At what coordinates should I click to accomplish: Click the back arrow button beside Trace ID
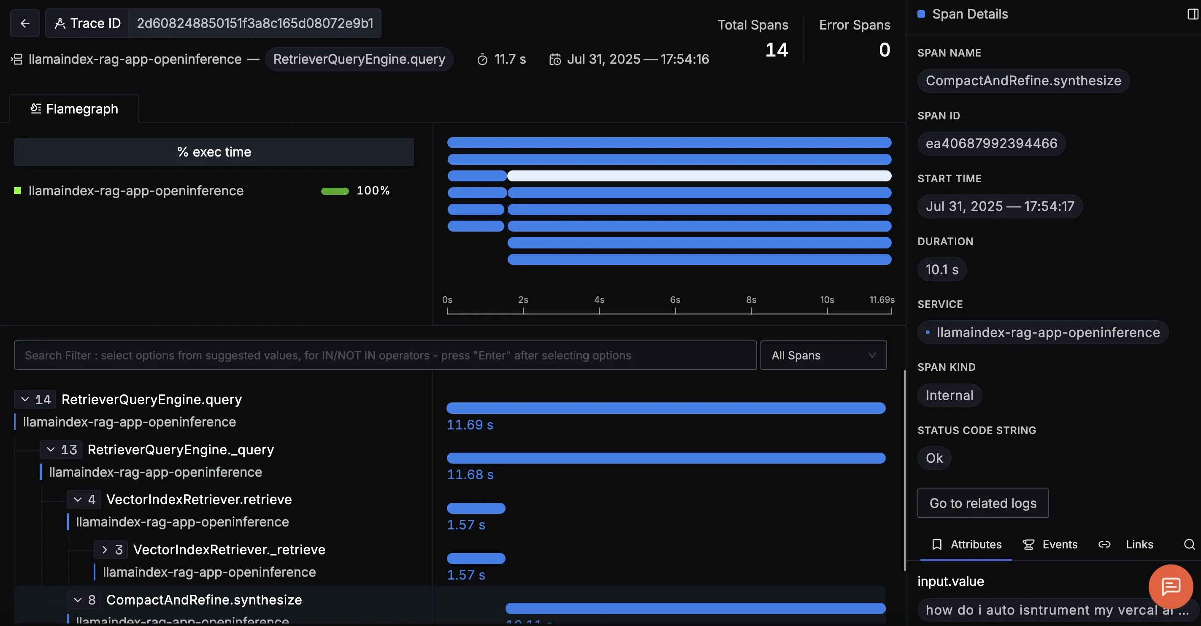(25, 23)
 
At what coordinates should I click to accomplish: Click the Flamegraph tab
(74, 109)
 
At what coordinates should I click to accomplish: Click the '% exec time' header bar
(214, 152)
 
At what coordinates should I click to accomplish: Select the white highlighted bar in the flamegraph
(699, 176)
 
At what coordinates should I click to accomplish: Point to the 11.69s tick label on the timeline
(881, 300)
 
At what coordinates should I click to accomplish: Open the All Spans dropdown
(823, 355)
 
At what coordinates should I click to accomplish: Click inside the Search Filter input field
(384, 355)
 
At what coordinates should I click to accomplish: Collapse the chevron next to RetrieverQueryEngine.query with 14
(25, 399)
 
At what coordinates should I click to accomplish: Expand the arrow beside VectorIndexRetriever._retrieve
(104, 550)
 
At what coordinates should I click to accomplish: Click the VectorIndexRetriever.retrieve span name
(199, 499)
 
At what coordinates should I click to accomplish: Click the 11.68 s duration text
(470, 475)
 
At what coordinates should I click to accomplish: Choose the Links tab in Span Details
(1139, 545)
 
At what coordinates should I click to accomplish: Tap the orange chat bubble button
(1170, 586)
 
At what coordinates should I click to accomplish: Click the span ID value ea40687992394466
(991, 143)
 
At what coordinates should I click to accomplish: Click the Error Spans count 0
(884, 50)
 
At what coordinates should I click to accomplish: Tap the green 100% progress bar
(335, 191)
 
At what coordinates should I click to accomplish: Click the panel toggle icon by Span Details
(1192, 14)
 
